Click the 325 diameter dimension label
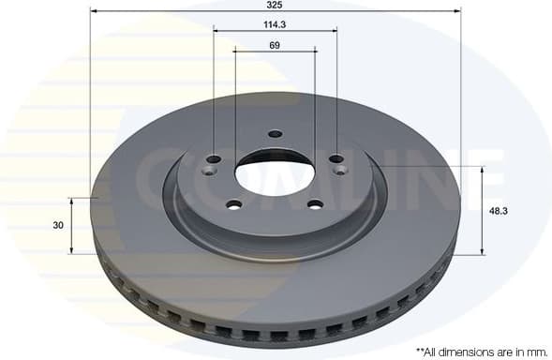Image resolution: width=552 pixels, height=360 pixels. click(275, 5)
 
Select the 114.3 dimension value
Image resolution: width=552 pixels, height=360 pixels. click(275, 23)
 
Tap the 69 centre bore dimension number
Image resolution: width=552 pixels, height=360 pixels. click(275, 45)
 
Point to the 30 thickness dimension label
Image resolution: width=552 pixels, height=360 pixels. click(58, 225)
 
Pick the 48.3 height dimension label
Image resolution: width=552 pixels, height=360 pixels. click(499, 211)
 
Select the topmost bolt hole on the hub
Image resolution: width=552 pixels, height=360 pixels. click(275, 133)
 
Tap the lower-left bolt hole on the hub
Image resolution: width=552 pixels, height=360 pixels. click(234, 205)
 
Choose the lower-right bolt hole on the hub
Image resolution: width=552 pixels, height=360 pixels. click(316, 205)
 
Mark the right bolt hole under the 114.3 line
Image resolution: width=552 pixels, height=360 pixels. click(337, 158)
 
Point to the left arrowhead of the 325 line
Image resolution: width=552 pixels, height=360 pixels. click(94, 11)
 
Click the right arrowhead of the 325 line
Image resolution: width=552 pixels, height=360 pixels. click(457, 11)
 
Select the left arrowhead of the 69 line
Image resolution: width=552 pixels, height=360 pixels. click(237, 52)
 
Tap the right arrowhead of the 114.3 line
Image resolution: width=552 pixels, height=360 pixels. click(334, 31)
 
